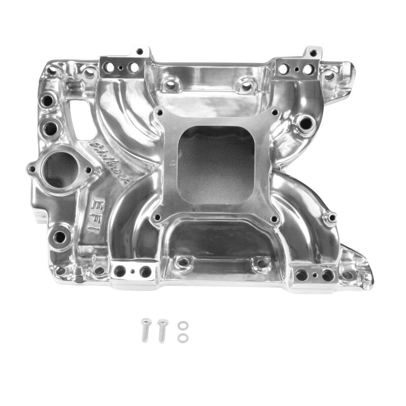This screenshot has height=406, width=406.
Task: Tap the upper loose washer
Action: click(x=181, y=325)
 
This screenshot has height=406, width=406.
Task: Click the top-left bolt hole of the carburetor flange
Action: click(x=160, y=113)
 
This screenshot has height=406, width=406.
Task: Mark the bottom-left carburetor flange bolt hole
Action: click(x=158, y=219)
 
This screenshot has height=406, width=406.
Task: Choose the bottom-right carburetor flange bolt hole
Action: click(x=276, y=220)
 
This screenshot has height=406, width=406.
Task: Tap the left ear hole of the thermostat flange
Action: click(x=32, y=170)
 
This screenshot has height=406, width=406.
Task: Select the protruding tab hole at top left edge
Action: click(x=141, y=52)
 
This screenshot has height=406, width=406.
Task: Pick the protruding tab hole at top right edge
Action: click(x=313, y=52)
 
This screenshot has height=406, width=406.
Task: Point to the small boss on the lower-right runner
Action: click(x=331, y=218)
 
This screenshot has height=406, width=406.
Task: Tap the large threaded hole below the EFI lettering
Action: click(x=59, y=236)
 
